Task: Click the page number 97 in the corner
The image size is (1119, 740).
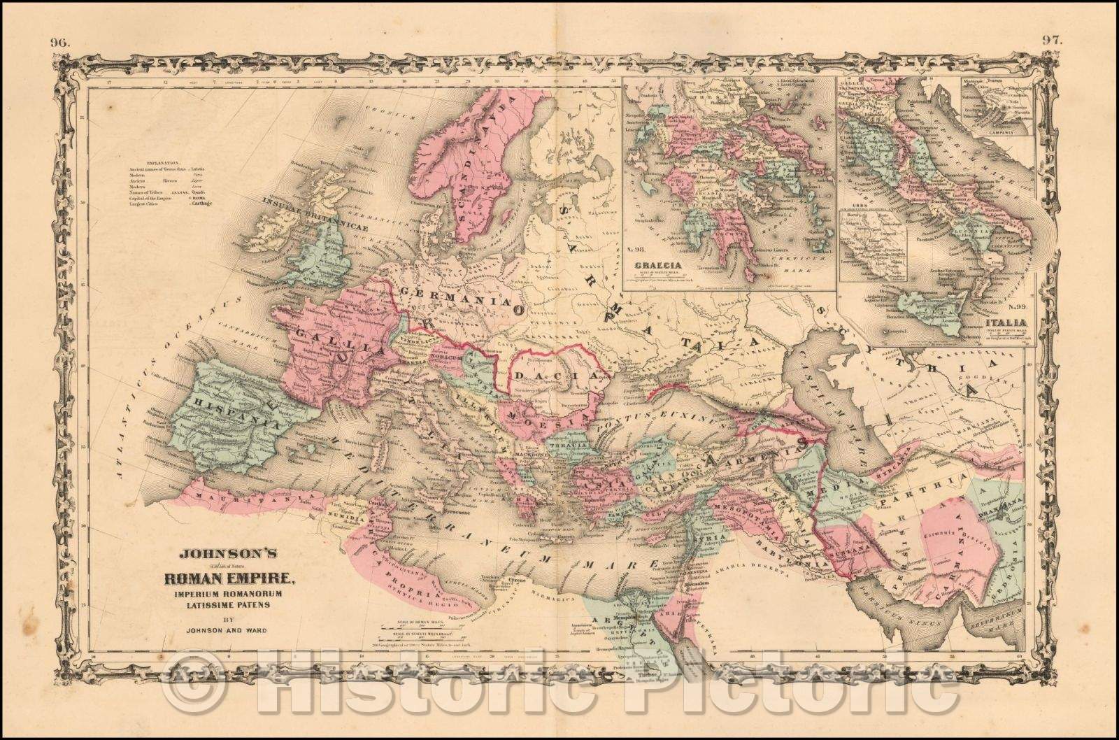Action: [x=1052, y=40]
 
